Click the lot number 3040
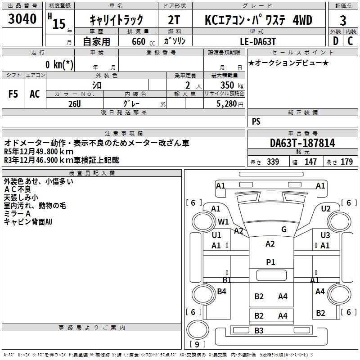coord(22,20)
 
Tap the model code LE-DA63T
coord(257,41)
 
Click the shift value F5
coord(13,94)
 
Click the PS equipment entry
coord(256,121)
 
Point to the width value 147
coord(310,162)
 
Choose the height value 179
coord(346,162)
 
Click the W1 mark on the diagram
coord(224,221)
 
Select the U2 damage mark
coord(326,209)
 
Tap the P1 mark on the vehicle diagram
coord(270,262)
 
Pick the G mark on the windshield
coord(283,229)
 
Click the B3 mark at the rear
coord(259,331)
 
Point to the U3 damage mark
coord(325,235)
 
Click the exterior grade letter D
coord(335,41)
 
